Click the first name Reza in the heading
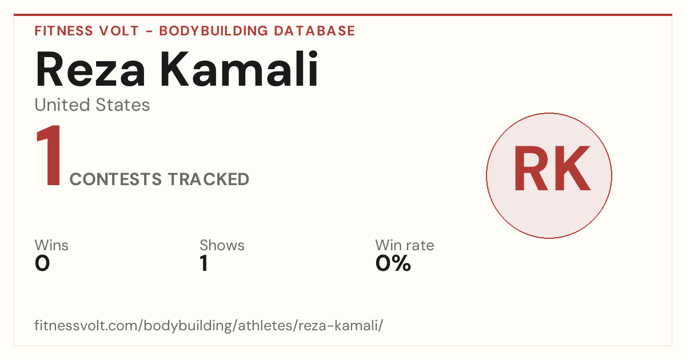point(90,69)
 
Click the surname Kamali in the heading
point(239,69)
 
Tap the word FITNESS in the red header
point(63,31)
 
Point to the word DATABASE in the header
point(314,31)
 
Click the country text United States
point(92,105)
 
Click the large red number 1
point(49,155)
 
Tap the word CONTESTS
point(115,179)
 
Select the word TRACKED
point(209,179)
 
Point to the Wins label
point(51,245)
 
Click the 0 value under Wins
point(42,263)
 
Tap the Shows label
point(222,245)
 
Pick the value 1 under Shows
point(204,263)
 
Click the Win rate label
point(405,245)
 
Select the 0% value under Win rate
point(393,263)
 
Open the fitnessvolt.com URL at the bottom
point(209,325)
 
